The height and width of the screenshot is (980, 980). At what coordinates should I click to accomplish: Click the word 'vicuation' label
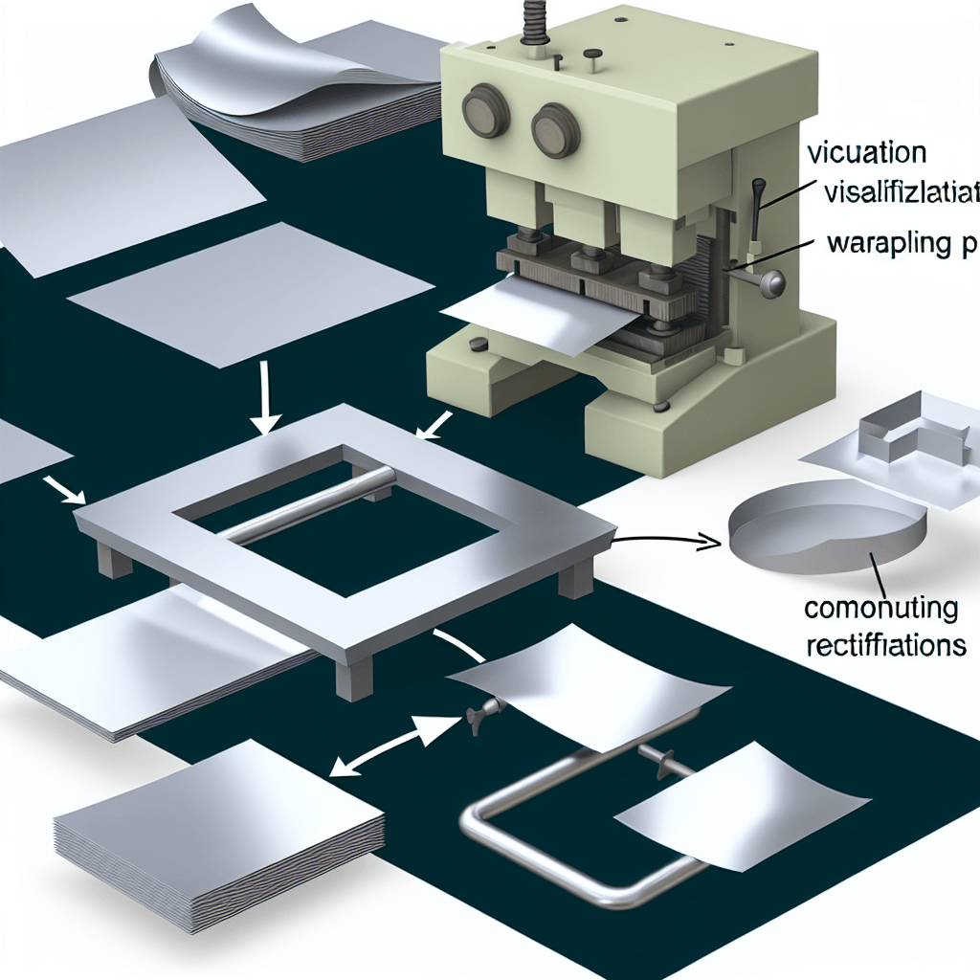tap(867, 153)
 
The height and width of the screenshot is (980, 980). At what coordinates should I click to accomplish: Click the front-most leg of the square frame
tap(351, 675)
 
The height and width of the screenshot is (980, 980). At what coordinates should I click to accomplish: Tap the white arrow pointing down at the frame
tap(267, 407)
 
